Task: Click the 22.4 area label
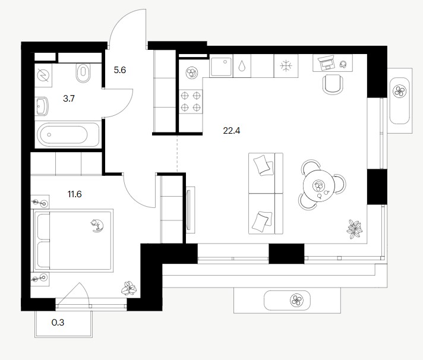232,131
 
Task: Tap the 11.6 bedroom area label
74,194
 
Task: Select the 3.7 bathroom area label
69,99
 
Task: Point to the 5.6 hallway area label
120,70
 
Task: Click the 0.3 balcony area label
58,322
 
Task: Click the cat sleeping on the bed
97,225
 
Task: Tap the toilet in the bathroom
83,72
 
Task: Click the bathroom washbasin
42,106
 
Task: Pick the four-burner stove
191,102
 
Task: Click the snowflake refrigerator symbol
286,66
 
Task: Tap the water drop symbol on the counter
242,65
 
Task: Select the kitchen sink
221,67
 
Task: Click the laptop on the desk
326,64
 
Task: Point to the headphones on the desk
343,64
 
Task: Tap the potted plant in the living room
354,229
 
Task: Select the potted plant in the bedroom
129,289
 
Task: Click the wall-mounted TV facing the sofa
191,209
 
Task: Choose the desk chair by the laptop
333,84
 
